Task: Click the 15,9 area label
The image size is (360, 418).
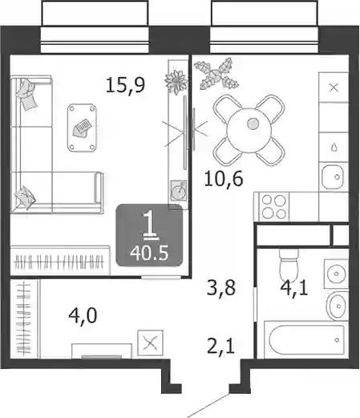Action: tap(125, 86)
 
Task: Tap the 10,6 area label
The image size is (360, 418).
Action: tap(224, 179)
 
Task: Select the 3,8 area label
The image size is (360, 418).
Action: tap(221, 287)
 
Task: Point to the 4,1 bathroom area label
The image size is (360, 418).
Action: tap(294, 289)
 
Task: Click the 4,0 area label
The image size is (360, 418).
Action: tap(83, 316)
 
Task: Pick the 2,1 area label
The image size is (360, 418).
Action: tap(220, 347)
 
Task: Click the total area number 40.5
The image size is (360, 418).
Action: tap(149, 254)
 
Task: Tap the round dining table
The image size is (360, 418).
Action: tap(249, 130)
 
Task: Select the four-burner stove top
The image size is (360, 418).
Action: tap(274, 207)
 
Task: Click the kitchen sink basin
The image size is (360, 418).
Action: tap(333, 177)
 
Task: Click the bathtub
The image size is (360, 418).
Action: tap(306, 339)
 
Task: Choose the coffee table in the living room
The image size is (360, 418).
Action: tap(82, 128)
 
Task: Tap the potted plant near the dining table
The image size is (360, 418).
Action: tap(216, 74)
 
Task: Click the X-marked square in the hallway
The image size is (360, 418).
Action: tap(150, 343)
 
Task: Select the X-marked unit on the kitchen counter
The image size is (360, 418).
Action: tap(334, 87)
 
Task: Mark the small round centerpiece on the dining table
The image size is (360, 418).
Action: tap(253, 124)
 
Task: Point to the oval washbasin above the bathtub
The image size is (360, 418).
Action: tap(338, 306)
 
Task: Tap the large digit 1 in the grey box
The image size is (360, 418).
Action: tap(151, 224)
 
